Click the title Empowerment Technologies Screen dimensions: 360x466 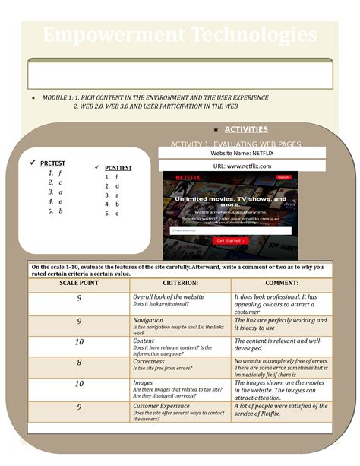click(x=179, y=35)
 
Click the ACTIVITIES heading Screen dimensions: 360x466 click(x=246, y=129)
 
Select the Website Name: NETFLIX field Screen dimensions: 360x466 click(x=242, y=154)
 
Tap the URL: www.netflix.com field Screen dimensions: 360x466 click(x=242, y=166)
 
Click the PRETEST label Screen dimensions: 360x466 click(x=52, y=163)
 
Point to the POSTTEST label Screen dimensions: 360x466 click(x=118, y=168)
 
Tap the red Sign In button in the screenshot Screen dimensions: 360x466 click(x=283, y=177)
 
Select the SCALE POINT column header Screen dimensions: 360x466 click(x=79, y=283)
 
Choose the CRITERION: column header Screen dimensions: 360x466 click(x=181, y=283)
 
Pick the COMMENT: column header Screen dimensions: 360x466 click(x=281, y=283)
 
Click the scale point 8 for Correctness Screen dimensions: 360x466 click(x=79, y=363)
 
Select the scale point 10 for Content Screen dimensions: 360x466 click(x=79, y=342)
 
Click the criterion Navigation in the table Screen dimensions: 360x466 click(x=149, y=321)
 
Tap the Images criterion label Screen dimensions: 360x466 click(x=143, y=383)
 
